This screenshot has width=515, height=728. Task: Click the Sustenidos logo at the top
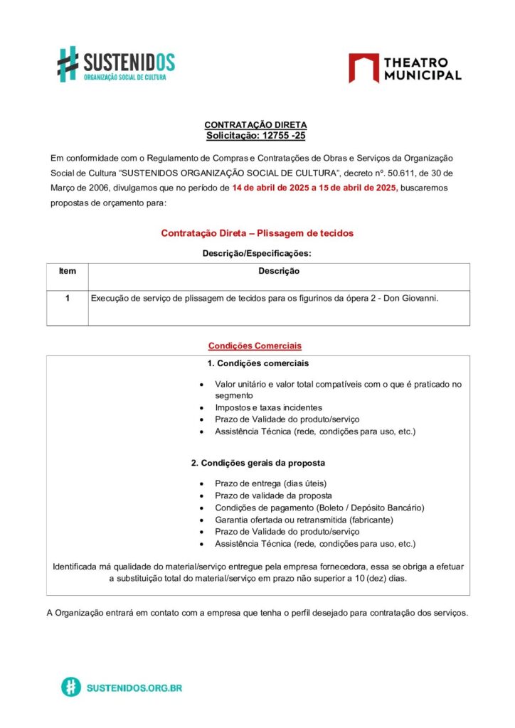(116, 64)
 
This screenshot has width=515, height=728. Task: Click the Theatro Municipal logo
(404, 68)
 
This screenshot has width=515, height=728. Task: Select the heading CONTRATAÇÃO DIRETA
(256, 125)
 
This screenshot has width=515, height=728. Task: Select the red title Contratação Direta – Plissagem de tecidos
(257, 233)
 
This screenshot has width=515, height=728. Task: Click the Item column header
(68, 271)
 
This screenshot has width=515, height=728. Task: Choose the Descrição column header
(279, 271)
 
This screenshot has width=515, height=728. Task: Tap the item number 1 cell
(67, 299)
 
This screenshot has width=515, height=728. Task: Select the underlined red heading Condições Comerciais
(255, 346)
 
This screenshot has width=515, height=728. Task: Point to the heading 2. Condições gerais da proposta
(258, 463)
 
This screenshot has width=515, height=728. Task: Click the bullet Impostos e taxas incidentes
(269, 407)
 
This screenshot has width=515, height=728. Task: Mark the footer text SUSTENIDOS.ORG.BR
(134, 688)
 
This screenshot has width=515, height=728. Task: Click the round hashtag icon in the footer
(70, 687)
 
